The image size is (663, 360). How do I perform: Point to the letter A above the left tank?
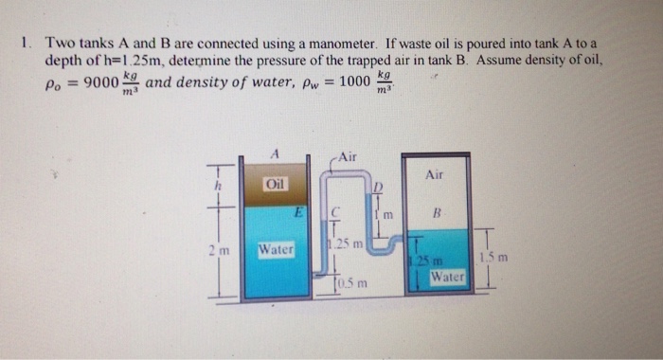(274, 152)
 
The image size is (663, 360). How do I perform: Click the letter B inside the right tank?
(436, 214)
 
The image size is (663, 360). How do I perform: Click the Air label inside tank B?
(435, 175)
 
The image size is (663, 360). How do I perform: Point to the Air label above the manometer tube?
(347, 156)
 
